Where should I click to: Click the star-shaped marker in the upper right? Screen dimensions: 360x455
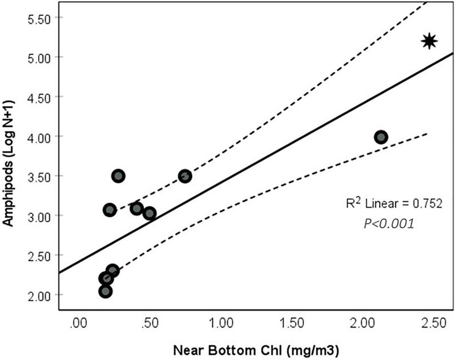point(429,41)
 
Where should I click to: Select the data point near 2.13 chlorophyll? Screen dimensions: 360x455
point(381,137)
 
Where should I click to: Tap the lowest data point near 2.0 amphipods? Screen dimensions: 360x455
point(106,291)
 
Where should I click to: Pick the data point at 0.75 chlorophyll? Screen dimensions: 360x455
point(185,176)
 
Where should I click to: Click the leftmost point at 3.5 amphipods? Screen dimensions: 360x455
point(118,176)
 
